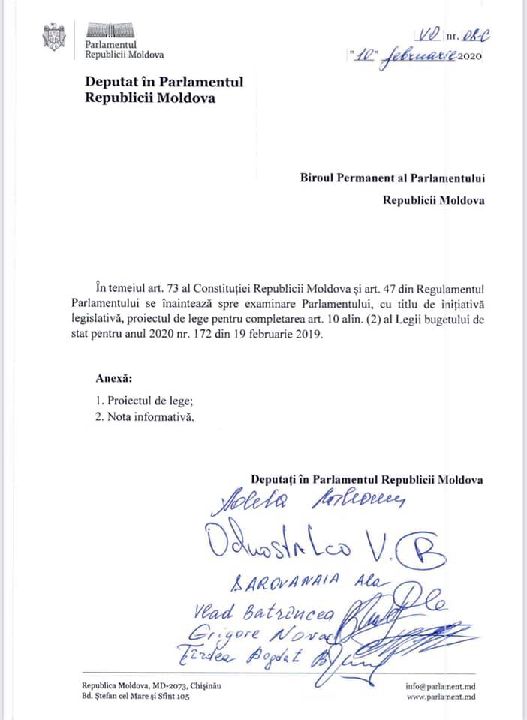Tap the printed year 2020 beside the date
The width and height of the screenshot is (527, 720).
click(x=468, y=56)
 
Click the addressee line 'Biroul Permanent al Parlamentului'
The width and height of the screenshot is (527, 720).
click(x=390, y=178)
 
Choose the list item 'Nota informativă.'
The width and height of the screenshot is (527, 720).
click(x=150, y=417)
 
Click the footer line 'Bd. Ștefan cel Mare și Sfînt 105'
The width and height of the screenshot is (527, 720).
click(x=136, y=697)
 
